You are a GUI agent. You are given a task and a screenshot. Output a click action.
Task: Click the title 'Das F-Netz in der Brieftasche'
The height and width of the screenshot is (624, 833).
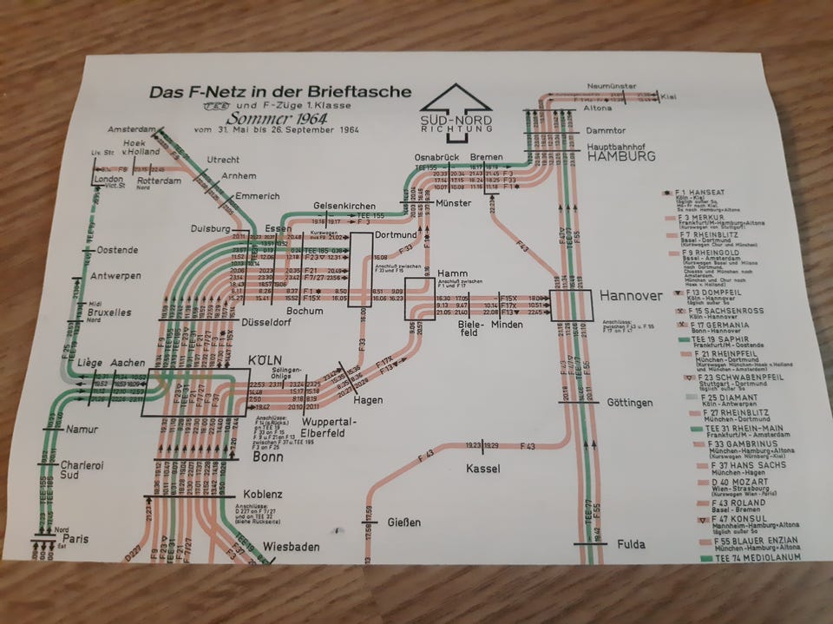point(279,92)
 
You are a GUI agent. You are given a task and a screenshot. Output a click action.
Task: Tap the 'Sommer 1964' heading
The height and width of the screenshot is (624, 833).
point(272,119)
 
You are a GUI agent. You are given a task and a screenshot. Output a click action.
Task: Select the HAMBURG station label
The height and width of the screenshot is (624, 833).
point(621,157)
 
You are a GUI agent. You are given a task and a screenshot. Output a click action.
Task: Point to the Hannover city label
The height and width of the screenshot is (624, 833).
point(631,297)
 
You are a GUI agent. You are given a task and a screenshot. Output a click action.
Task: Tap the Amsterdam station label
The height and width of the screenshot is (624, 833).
point(131,128)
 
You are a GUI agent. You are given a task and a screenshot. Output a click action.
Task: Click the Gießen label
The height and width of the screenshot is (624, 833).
point(403,522)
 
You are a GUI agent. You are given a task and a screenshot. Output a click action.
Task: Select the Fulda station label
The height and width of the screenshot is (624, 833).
point(631,544)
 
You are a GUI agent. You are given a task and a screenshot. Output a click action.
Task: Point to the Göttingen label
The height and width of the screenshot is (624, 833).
point(629,403)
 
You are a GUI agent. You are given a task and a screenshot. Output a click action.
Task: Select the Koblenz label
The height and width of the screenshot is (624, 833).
point(262,494)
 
